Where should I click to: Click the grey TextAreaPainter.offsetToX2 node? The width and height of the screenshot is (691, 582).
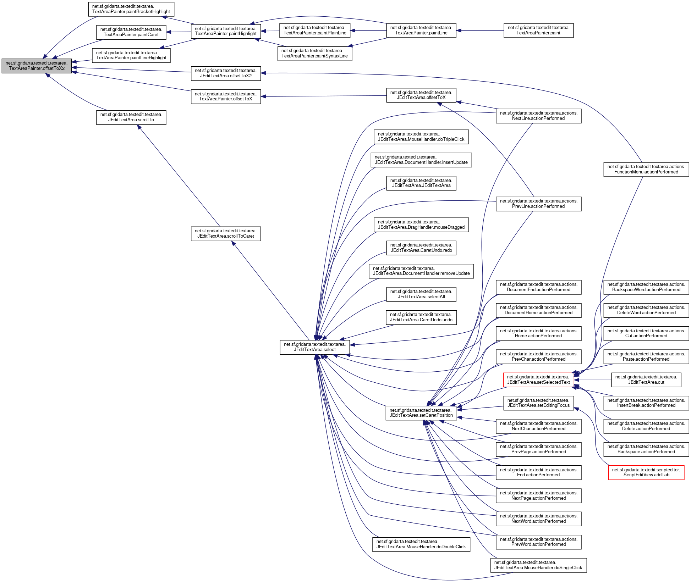(x=37, y=66)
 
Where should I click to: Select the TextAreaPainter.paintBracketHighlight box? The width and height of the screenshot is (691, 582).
(x=131, y=9)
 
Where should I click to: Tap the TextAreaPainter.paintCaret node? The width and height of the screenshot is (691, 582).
(x=131, y=32)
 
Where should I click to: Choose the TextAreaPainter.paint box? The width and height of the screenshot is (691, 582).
(x=538, y=31)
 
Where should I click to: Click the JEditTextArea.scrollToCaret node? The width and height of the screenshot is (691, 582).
(x=226, y=234)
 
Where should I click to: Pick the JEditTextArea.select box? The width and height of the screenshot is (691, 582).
(x=314, y=347)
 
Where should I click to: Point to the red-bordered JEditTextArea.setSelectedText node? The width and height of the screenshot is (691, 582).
(x=538, y=380)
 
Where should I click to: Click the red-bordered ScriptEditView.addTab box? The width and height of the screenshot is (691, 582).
(x=646, y=472)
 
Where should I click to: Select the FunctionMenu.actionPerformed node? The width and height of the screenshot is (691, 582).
(x=646, y=170)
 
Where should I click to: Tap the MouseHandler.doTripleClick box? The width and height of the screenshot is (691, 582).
(x=421, y=137)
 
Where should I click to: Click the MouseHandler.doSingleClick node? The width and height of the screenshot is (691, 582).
(x=538, y=565)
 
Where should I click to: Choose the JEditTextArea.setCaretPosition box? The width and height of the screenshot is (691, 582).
(x=421, y=413)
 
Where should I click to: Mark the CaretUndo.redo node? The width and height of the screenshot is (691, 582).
(x=421, y=248)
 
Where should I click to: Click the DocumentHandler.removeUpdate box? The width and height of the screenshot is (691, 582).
(x=421, y=271)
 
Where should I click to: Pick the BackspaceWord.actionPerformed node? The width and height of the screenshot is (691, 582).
(x=646, y=287)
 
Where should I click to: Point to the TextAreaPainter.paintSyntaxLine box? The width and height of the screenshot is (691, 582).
(x=314, y=54)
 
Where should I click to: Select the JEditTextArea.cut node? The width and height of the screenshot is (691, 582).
(x=646, y=380)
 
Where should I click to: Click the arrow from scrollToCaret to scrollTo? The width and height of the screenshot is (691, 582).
(x=179, y=176)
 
